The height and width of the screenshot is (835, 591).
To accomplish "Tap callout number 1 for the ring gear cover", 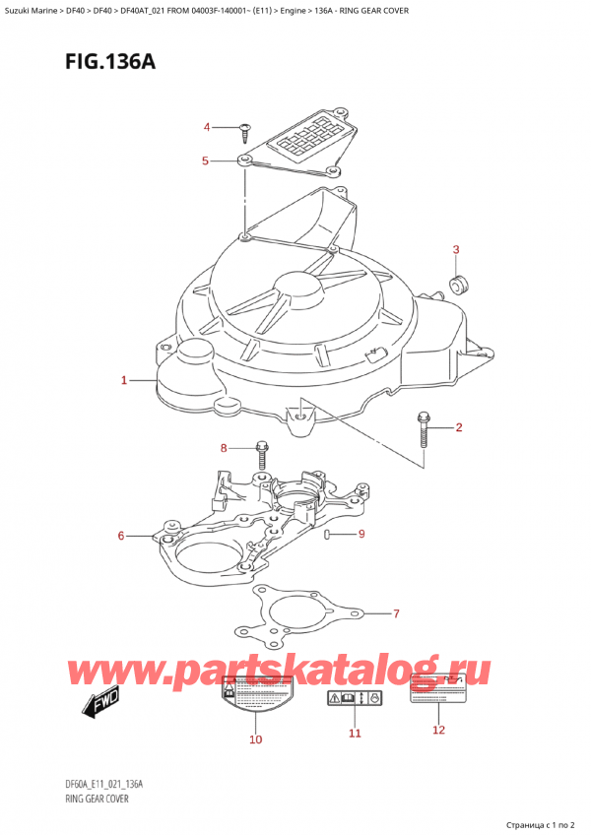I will pos(124,380).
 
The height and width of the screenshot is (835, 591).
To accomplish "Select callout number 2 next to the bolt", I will pos(459,427).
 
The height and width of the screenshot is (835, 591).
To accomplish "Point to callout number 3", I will pos(456,249).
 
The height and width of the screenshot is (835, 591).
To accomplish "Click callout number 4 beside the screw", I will pos(207,127).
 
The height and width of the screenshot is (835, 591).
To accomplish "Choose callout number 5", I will pos(205,161).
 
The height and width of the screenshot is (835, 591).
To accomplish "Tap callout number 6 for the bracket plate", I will pos(121,536).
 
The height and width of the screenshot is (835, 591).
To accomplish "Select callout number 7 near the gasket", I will pos(396,614).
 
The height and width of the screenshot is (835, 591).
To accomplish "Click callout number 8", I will pos(224,449).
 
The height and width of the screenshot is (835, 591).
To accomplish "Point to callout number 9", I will pos(361,535).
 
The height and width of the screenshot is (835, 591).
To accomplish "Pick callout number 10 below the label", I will pos(256,739).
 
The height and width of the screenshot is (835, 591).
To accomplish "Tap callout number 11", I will pos(355,734).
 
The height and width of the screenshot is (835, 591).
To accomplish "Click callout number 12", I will pos(439,730).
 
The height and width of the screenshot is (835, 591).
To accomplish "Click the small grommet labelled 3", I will pos(458,286).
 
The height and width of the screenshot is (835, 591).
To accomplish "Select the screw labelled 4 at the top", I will pos(242,129).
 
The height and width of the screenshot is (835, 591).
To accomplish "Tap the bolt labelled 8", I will pos(262,456).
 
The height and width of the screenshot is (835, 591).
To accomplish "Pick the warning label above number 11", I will pos(354,699).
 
